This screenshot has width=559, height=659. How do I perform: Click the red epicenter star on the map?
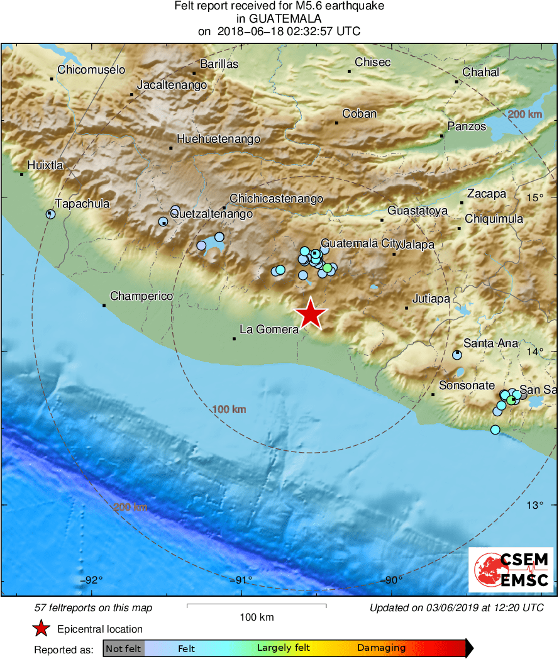pyautogui.click(x=309, y=314)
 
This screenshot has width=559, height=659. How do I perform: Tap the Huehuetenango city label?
pyautogui.click(x=218, y=139)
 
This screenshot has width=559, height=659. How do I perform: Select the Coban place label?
pyautogui.click(x=359, y=114)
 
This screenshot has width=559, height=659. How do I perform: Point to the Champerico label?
pyautogui.click(x=141, y=296)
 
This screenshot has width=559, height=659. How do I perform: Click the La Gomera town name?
pyautogui.click(x=268, y=329)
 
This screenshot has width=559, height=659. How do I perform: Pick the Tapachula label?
pyautogui.click(x=82, y=203)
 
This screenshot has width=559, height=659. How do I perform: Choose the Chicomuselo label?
pyautogui.click(x=91, y=70)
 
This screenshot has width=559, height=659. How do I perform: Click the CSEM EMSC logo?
pyautogui.click(x=511, y=570)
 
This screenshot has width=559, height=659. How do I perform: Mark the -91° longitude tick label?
pyautogui.click(x=242, y=580)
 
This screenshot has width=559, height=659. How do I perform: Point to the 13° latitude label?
pyautogui.click(x=534, y=505)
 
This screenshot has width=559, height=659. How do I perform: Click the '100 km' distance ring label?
pyautogui.click(x=229, y=410)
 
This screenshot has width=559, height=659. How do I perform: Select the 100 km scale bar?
pyautogui.click(x=257, y=606)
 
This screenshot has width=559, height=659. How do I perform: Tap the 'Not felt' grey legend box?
pyautogui.click(x=123, y=648)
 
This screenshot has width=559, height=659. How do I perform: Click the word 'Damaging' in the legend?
pyautogui.click(x=381, y=648)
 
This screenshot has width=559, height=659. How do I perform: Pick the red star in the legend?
pyautogui.click(x=42, y=628)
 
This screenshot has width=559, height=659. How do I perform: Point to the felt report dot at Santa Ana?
pyautogui.click(x=457, y=355)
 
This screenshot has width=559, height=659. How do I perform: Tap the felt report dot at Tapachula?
pyautogui.click(x=51, y=214)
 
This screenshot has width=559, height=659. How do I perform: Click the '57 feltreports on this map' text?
pyautogui.click(x=93, y=608)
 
